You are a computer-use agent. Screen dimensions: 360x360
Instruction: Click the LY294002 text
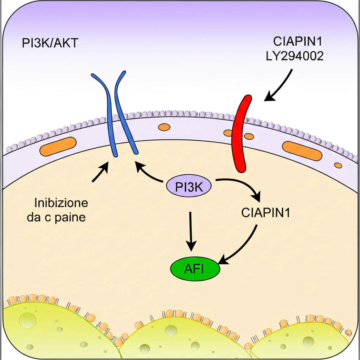coord(295,56)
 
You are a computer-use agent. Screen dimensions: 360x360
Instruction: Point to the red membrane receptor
coord(241,134)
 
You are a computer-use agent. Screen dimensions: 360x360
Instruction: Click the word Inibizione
coord(61,203)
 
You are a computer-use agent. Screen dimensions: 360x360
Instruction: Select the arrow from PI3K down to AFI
coord(191,232)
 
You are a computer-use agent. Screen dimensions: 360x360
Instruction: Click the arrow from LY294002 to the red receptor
coord(279,86)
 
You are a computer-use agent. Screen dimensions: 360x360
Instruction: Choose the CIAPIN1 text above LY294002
coord(298,42)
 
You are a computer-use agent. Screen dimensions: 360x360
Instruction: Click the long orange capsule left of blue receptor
coord(58,146)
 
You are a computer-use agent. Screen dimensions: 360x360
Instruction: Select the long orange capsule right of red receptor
coord(302,151)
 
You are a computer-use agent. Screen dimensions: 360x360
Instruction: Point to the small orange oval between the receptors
coord(163,127)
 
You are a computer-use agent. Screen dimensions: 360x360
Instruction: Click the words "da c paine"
coord(56,217)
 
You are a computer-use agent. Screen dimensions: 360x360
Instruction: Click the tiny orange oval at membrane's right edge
coord(337,165)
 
